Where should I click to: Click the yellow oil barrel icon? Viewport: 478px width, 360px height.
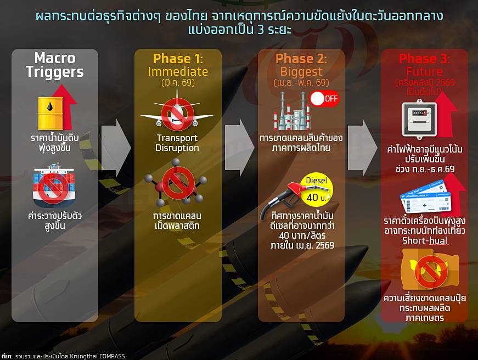click(x=50, y=113)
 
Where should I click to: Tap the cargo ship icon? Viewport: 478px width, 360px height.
click(x=54, y=185)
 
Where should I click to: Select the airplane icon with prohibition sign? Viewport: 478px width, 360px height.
click(x=177, y=113)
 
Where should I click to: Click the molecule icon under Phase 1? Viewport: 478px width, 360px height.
click(x=176, y=183)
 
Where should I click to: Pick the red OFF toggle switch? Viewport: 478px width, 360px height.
click(x=324, y=98)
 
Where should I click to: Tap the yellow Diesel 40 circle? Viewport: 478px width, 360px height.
click(x=317, y=190)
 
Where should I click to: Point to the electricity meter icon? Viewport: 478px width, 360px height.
click(x=419, y=119)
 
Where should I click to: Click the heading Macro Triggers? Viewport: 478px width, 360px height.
click(x=55, y=65)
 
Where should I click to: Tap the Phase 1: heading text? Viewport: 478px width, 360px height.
click(x=178, y=58)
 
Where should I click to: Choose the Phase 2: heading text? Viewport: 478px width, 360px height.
click(x=301, y=58)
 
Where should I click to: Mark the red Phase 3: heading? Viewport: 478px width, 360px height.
click(x=424, y=58)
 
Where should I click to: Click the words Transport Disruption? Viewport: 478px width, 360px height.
click(x=177, y=143)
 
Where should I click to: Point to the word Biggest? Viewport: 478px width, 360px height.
click(x=301, y=72)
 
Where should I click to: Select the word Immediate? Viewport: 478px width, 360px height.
click(x=178, y=72)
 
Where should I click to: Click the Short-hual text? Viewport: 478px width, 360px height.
click(x=425, y=240)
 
